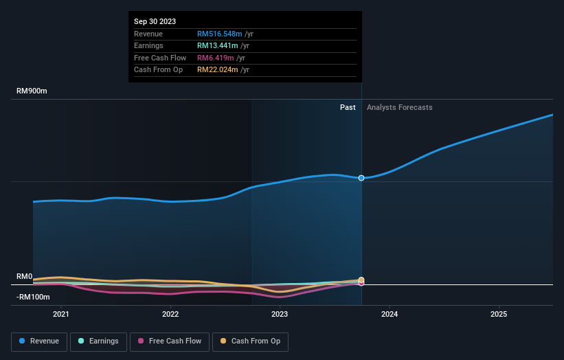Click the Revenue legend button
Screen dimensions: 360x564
pyautogui.click(x=39, y=341)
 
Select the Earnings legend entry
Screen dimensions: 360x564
pyautogui.click(x=98, y=341)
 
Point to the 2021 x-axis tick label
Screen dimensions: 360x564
pyautogui.click(x=61, y=314)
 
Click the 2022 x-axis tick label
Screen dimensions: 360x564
pyautogui.click(x=170, y=314)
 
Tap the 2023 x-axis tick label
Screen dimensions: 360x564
pyautogui.click(x=280, y=314)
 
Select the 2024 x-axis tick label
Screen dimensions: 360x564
pyautogui.click(x=389, y=314)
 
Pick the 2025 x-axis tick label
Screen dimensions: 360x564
pyautogui.click(x=498, y=314)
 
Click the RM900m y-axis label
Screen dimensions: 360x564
pyautogui.click(x=32, y=91)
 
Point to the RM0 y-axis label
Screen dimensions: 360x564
pyautogui.click(x=25, y=277)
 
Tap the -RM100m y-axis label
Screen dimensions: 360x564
pyautogui.click(x=32, y=297)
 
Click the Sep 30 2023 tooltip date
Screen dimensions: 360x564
pyautogui.click(x=155, y=21)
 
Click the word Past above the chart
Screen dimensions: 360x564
pyautogui.click(x=348, y=107)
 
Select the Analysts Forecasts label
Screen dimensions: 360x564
pyautogui.click(x=400, y=107)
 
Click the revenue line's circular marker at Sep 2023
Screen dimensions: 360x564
pyautogui.click(x=361, y=178)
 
